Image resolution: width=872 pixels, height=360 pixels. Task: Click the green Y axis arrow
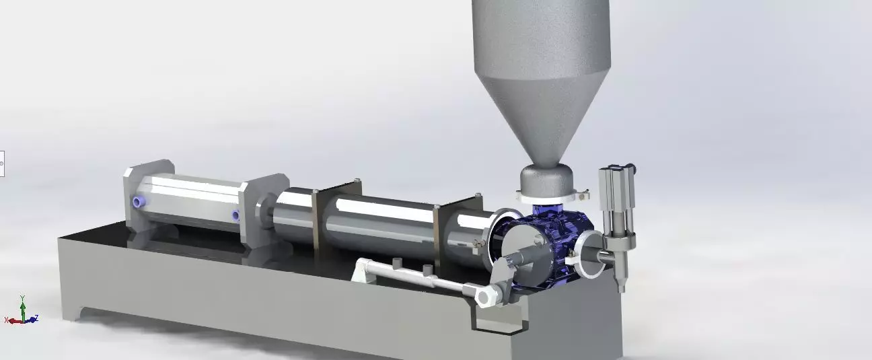click(x=23, y=302)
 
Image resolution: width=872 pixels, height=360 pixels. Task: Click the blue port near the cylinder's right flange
click(x=235, y=215)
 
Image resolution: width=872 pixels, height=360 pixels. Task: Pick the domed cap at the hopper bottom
click(x=546, y=178)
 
